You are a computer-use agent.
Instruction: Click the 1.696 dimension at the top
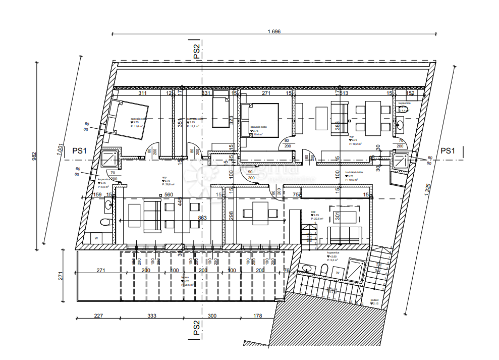click(274, 31)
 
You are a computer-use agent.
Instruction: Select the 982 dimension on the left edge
click(34, 156)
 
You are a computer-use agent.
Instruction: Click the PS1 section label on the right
click(448, 150)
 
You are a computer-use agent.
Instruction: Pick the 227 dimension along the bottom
click(98, 316)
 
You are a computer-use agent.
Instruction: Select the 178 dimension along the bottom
click(257, 316)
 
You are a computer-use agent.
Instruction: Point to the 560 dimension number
click(169, 195)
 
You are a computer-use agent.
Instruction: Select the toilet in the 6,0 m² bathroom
click(105, 222)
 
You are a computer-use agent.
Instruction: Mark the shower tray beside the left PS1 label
click(109, 159)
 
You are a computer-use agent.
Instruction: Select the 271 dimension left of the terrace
click(59, 276)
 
